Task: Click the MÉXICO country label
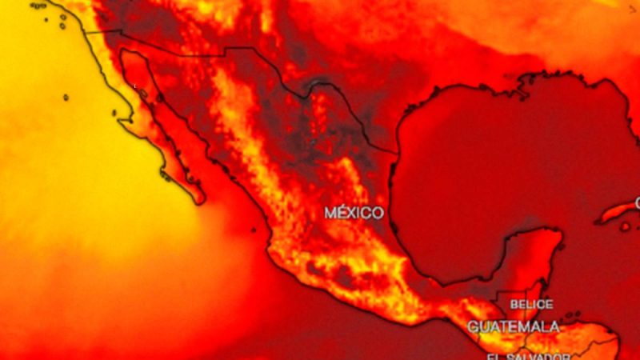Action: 353,213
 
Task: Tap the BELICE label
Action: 531,305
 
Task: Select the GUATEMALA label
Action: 513,326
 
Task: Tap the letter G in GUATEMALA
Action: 473,326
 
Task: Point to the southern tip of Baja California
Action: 196,197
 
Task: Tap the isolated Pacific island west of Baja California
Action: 65,98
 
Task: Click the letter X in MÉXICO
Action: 354,213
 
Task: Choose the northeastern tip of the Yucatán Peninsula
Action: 559,233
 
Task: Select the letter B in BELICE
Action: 514,305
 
